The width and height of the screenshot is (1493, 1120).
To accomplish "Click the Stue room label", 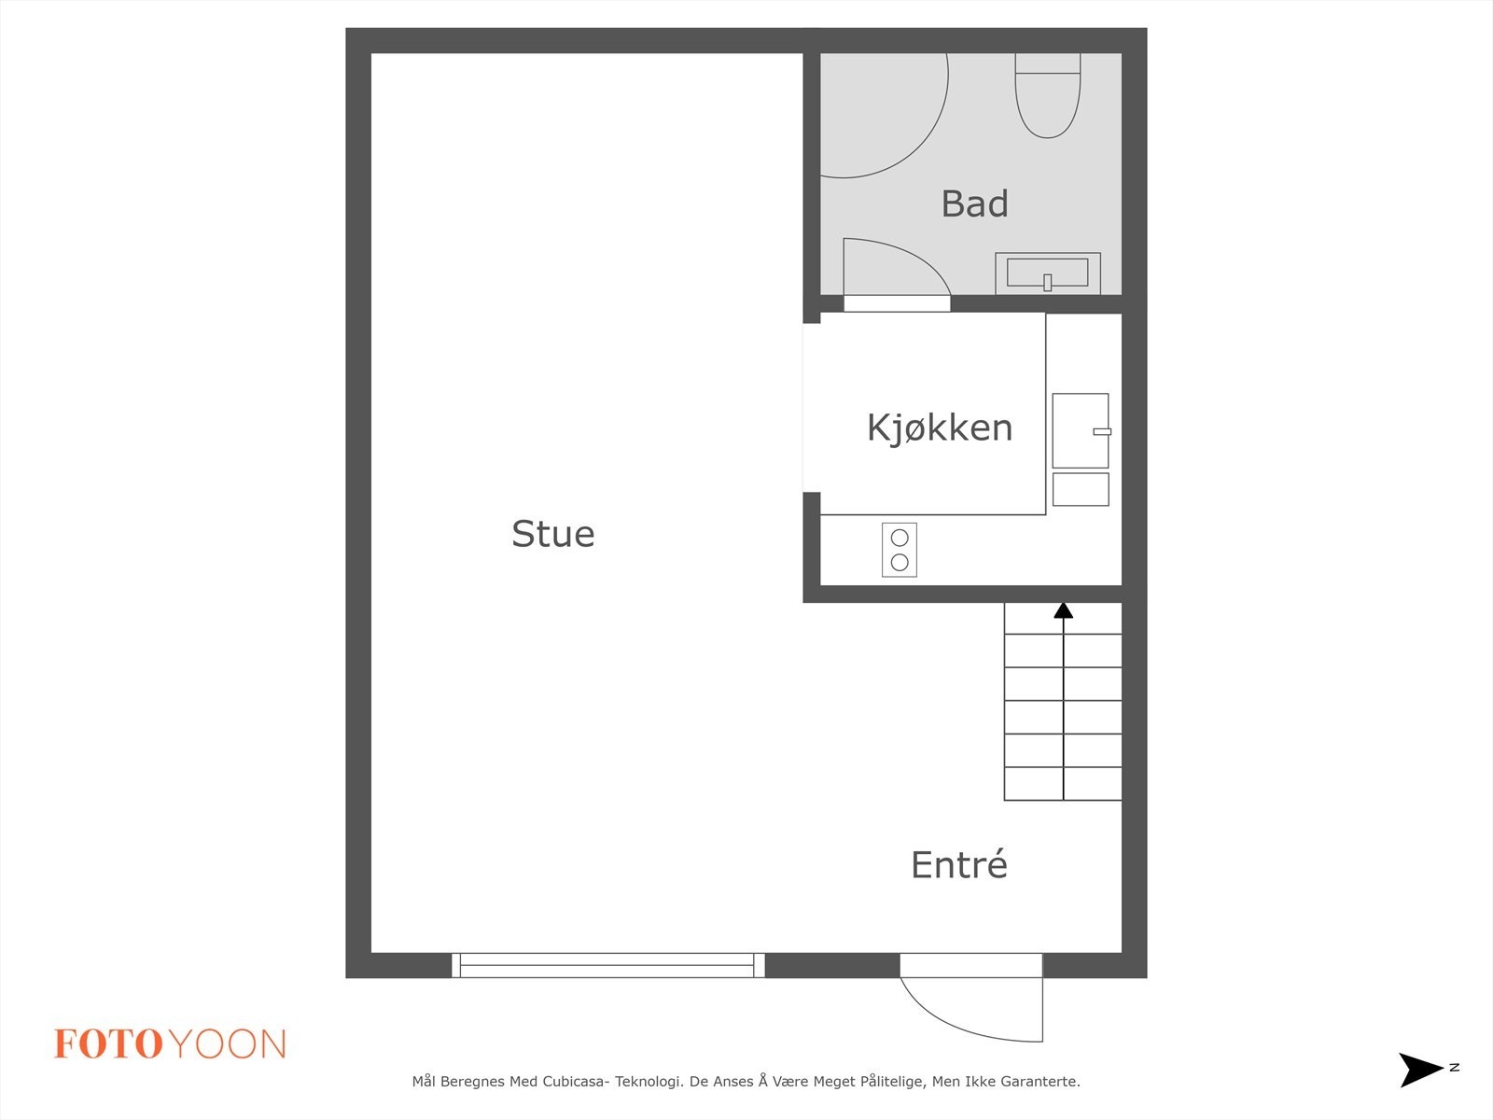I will coord(552,534).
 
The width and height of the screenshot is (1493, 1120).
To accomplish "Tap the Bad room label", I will coord(974,203).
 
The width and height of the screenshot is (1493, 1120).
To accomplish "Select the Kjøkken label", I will coord(939,427).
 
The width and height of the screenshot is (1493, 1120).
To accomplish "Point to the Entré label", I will coord(958,865).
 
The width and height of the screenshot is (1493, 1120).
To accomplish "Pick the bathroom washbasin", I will coord(1047,273).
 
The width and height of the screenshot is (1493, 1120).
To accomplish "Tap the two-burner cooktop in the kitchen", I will coord(900,550).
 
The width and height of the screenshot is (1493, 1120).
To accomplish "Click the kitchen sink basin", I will coord(1080,430).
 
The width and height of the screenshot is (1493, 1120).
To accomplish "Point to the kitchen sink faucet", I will coord(1102,431).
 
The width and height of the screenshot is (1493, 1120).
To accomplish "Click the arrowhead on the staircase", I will coord(1063,610).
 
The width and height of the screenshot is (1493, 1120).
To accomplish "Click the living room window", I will coord(607,965).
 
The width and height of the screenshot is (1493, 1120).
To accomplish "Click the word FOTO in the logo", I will coord(109,1044).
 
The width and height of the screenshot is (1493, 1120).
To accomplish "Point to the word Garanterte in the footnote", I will coord(1040,1082).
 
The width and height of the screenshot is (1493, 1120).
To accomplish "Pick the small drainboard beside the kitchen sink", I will coord(1081,489).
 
